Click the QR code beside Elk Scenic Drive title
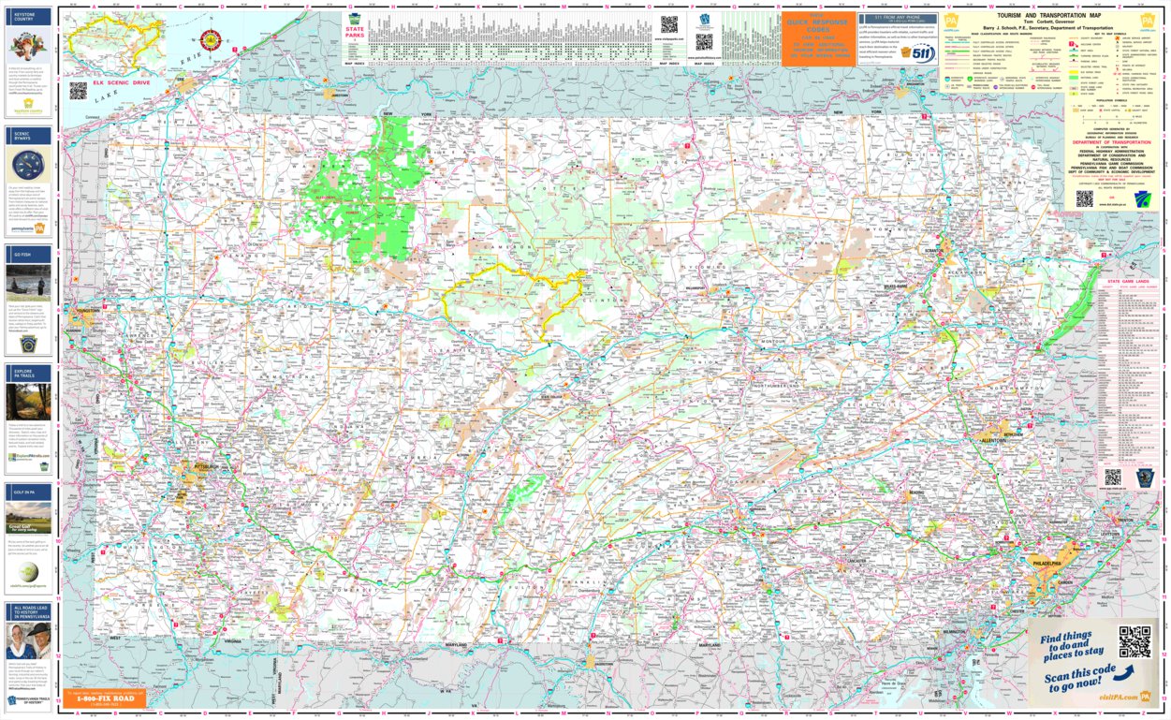[78, 91]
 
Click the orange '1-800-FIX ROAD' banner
[105, 698]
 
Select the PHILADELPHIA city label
[1044, 564]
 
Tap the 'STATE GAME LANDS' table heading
[1127, 282]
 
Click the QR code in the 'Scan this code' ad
[1134, 641]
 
